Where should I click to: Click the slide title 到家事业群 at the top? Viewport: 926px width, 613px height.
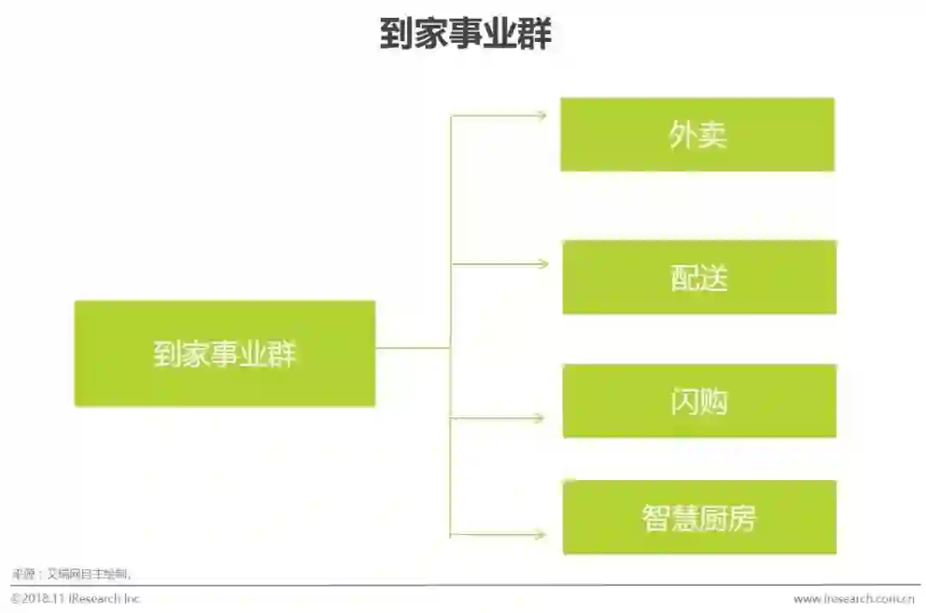point(466,35)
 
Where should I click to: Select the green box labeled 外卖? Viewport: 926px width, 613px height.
point(697,135)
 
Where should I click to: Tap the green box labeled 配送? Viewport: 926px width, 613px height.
point(699,277)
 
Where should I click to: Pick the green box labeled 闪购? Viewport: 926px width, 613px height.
point(699,400)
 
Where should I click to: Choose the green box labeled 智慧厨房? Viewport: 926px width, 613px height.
point(699,517)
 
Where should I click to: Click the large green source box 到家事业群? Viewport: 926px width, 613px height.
point(225,353)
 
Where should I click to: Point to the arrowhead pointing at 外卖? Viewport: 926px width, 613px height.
point(541,115)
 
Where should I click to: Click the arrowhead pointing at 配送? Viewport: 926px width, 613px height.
point(542,264)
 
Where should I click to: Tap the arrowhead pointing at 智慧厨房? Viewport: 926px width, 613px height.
point(539,535)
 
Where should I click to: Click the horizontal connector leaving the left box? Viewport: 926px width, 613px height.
point(412,347)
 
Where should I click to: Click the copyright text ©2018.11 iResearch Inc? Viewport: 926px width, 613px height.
point(75,598)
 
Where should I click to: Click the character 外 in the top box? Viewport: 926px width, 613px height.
point(682,135)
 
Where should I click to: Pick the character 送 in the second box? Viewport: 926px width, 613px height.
point(713,278)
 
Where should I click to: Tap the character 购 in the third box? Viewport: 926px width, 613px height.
point(713,401)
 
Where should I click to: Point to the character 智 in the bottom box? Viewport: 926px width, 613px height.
point(656,518)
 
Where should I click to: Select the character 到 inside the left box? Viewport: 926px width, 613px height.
point(167,354)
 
